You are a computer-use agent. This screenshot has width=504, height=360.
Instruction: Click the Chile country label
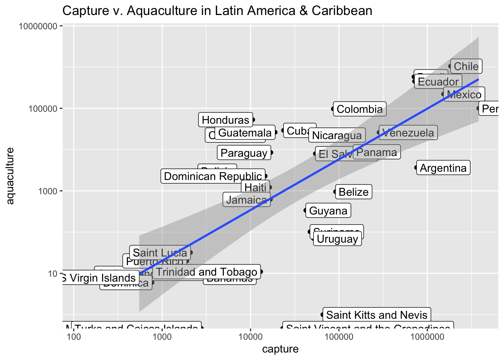click(x=466, y=66)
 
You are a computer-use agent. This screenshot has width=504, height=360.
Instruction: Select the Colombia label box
click(x=360, y=109)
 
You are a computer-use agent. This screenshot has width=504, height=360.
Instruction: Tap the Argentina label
click(x=443, y=168)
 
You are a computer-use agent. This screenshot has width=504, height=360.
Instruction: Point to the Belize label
click(x=353, y=192)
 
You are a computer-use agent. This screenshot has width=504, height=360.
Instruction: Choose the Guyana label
click(x=328, y=211)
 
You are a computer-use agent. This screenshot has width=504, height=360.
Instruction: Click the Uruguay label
click(x=337, y=239)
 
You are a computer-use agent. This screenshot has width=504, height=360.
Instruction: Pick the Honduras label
click(x=225, y=120)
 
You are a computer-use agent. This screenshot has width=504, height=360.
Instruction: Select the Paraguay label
click(x=244, y=153)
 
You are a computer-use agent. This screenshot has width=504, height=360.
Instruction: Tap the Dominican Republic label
click(x=213, y=176)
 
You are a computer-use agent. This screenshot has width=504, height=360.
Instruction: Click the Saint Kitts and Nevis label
click(x=376, y=315)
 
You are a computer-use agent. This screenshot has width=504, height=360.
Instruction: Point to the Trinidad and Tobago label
click(x=206, y=272)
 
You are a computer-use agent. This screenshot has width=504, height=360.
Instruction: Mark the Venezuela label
click(x=408, y=133)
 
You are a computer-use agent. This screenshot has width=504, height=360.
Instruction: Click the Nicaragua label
click(x=337, y=135)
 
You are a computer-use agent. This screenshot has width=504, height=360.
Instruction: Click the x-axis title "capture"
click(x=280, y=349)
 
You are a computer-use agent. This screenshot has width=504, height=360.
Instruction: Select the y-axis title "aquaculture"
click(x=10, y=176)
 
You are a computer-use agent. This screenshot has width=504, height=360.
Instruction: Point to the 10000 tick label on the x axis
click(x=250, y=336)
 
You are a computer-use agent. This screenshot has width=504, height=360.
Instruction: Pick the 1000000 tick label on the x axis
click(x=427, y=336)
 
